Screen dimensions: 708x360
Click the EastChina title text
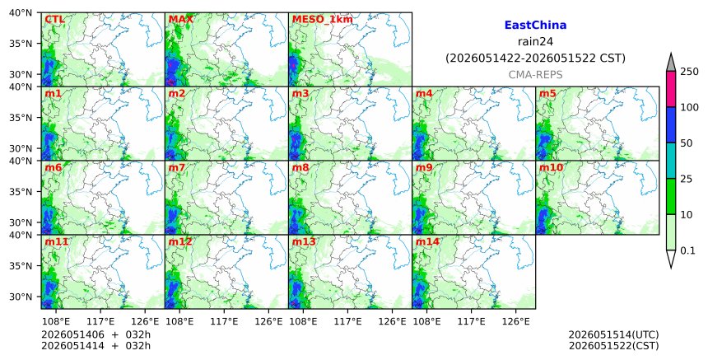pos(535,25)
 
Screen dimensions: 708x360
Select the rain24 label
pos(535,41)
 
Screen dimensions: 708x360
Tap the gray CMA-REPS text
pos(535,75)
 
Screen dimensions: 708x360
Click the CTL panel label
pos(54,20)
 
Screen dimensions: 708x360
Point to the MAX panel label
pos(180,20)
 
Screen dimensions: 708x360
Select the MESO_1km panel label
pos(323,20)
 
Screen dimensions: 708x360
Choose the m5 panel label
pos(547,93)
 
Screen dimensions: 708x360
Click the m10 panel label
pos(551,167)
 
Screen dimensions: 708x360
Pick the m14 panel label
pos(427,241)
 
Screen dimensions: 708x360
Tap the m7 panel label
pos(176,167)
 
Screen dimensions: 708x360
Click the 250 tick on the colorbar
pos(690,72)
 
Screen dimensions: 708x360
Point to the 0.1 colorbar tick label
pos(687,250)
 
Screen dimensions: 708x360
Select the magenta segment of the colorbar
pos(670,89)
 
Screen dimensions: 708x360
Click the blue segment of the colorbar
pos(670,125)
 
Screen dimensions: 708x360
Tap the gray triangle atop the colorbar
pos(670,62)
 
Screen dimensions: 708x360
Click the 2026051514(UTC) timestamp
pos(613,334)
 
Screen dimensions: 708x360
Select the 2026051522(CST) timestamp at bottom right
pos(613,346)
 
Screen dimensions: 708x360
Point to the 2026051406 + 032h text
pos(95,334)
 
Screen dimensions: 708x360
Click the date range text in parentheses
pos(535,58)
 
